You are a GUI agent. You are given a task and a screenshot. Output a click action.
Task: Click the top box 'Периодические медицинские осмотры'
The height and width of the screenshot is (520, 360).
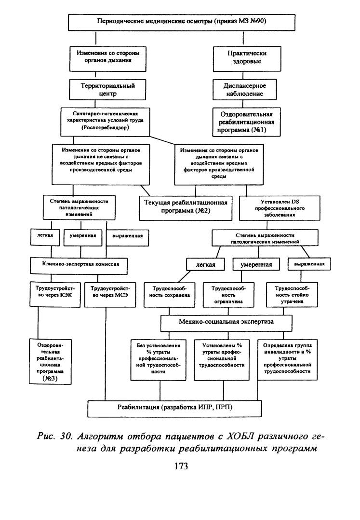coord(182,22)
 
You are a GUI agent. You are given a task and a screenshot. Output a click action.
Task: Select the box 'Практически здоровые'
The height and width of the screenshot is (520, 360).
coord(247,59)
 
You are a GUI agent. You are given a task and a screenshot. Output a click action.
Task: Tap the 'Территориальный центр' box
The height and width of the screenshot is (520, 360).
coord(107,89)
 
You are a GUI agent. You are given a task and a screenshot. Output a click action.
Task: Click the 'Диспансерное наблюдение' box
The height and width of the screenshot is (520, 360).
coord(244,89)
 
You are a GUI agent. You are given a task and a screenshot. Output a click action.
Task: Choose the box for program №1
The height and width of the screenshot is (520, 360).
coord(246,122)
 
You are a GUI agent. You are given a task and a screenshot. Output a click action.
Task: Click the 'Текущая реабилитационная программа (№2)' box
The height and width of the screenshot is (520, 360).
coord(186,208)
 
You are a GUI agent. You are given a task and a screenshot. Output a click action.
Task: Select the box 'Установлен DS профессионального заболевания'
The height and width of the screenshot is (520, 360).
coord(280,208)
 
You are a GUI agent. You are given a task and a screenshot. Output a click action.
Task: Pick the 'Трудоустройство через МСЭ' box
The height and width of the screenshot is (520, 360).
coord(110,294)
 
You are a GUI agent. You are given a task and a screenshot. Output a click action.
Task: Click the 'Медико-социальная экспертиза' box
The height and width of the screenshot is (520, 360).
coord(227,323)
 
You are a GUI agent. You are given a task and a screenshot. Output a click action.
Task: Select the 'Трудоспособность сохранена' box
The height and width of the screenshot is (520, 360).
coord(169,294)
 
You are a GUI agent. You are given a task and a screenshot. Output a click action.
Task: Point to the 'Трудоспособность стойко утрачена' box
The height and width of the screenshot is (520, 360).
coord(292,294)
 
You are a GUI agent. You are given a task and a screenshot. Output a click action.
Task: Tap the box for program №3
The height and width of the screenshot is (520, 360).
coord(50,361)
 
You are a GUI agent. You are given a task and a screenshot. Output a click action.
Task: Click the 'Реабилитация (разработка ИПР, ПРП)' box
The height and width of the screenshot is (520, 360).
coord(174,409)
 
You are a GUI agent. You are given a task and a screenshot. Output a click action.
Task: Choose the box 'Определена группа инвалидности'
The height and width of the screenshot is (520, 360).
coord(288,359)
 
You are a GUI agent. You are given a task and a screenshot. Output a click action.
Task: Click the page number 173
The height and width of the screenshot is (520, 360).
coord(181,466)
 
